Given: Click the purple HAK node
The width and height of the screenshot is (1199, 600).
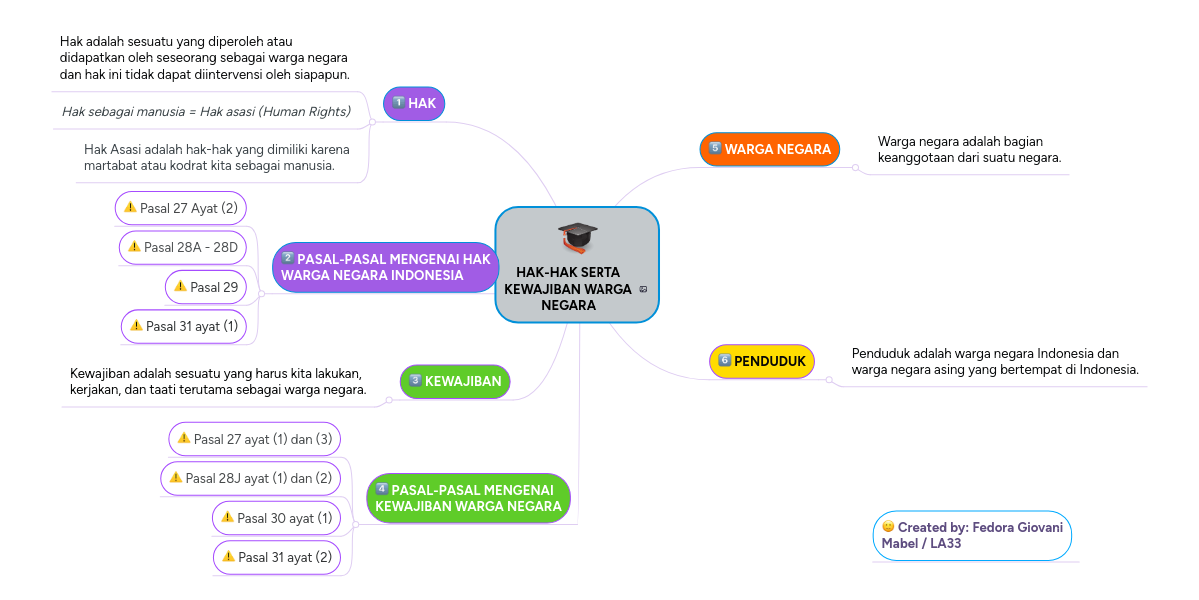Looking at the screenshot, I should click(414, 103).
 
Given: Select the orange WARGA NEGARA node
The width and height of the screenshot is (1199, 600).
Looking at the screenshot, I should click(769, 149).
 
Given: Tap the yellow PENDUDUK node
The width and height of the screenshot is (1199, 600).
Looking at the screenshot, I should click(762, 361).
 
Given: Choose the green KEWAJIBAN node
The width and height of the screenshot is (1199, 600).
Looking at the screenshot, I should click(455, 381).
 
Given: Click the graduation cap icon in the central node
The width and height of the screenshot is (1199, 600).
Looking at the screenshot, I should click(577, 238).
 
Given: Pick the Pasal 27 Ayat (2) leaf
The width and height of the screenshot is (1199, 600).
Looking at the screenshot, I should click(181, 208).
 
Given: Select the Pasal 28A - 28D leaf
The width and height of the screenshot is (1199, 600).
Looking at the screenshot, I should click(182, 246).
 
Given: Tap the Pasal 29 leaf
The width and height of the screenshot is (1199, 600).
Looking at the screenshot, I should click(205, 287).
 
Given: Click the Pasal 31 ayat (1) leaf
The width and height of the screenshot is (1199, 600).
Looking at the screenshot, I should click(184, 326).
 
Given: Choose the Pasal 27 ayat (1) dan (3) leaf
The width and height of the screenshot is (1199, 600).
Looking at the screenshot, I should click(254, 438).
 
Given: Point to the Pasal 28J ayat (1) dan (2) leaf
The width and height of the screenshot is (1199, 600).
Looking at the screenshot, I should click(250, 478).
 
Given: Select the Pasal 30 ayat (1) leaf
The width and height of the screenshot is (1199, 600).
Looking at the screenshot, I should click(276, 518).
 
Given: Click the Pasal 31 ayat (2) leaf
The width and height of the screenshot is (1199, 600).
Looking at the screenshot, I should click(276, 557).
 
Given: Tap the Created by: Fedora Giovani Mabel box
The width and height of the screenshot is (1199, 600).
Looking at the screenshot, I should click(971, 535).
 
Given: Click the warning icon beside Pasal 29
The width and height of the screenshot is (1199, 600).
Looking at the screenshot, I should click(180, 287).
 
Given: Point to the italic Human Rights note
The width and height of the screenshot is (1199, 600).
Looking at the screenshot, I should click(206, 111).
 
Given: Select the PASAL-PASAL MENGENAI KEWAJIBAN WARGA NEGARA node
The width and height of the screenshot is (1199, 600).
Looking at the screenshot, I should click(468, 498).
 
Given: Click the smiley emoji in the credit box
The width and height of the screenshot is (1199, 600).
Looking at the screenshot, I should click(888, 527).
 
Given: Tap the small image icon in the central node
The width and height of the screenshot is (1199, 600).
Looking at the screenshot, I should click(644, 290).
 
